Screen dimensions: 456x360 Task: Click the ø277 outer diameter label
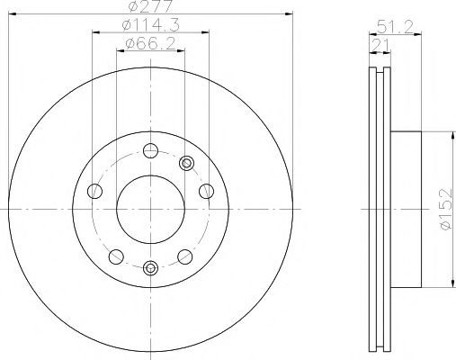[151, 5]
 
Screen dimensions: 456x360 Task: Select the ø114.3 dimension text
[151, 25]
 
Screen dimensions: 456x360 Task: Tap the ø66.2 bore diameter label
[150, 44]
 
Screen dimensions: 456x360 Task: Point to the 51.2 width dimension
[395, 27]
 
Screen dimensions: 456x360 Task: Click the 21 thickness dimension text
[380, 45]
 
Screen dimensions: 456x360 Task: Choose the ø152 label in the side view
[446, 209]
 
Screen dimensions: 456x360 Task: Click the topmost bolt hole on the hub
[150, 150]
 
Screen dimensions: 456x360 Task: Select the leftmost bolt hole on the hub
[94, 191]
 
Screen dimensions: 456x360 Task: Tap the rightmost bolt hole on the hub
[207, 191]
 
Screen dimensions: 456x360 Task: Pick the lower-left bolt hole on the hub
[116, 256]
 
